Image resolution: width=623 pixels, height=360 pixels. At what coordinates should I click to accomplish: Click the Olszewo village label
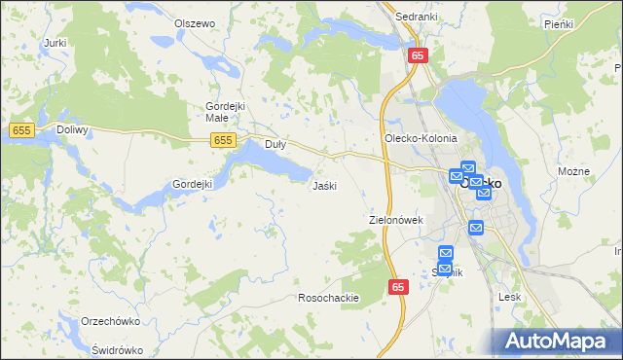coord(194,23)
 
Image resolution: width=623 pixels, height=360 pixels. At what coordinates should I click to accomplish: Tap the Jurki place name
coord(55,43)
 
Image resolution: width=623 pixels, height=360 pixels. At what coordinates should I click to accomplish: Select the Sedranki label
coord(415,17)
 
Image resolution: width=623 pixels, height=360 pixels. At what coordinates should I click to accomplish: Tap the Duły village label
coord(275,144)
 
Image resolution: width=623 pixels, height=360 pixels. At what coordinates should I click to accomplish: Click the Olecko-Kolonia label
coord(421,139)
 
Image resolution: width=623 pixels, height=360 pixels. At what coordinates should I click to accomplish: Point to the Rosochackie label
coord(329,298)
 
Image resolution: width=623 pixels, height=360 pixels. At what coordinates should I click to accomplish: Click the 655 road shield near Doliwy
coord(20,129)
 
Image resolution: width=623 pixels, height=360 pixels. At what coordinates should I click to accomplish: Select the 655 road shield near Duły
coord(223,141)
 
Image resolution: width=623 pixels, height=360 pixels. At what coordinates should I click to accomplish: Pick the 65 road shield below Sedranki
coord(417,55)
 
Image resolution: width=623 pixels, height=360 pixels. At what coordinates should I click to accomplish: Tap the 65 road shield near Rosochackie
coord(398,287)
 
